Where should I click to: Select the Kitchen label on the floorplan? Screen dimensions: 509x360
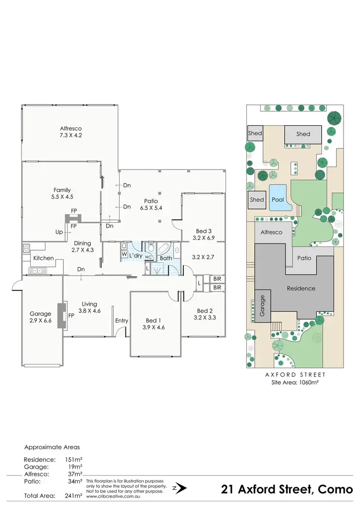43,258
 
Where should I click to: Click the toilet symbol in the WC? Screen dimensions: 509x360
150,248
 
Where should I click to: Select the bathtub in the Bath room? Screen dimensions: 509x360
164,249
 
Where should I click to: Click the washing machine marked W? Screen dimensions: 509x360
124,254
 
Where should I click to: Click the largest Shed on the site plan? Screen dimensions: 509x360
303,134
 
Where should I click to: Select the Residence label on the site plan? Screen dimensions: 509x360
301,289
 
